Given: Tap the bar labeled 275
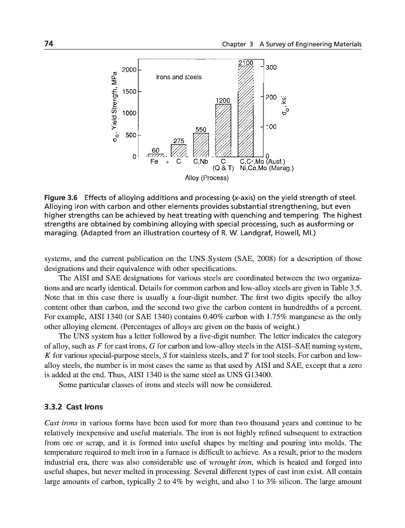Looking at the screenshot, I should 178,150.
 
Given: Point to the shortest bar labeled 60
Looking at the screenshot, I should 156,155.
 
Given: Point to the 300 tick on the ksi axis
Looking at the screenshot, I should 271,67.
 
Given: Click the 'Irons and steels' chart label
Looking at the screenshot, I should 178,77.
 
